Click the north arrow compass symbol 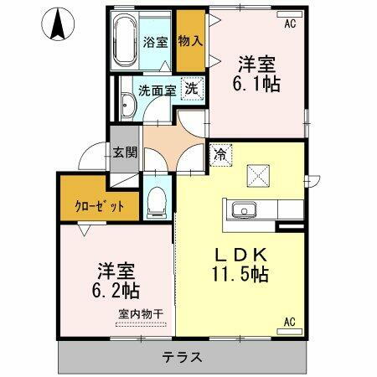point(58,23)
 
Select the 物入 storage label point(190,41)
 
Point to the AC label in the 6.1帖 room point(290,24)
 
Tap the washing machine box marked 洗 point(191,89)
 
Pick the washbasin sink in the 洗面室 point(126,105)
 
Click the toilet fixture point(156,199)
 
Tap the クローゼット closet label point(98,205)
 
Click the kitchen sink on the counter point(236,209)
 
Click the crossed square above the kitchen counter point(257,174)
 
